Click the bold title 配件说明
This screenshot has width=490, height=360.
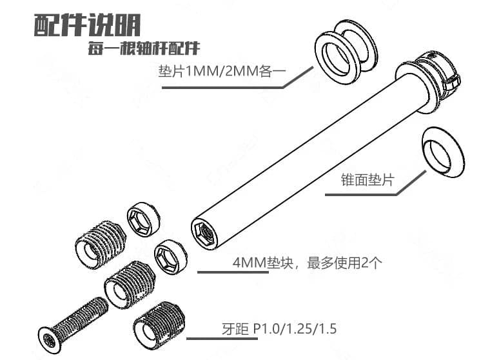87,25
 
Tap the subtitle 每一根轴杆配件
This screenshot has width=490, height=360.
144,48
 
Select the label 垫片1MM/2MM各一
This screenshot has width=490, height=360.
222,72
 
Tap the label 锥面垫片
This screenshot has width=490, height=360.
367,180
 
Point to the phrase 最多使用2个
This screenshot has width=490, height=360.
345,263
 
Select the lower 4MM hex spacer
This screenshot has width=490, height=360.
171,257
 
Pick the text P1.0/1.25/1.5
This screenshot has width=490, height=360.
295,329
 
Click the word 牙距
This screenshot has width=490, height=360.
235,329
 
